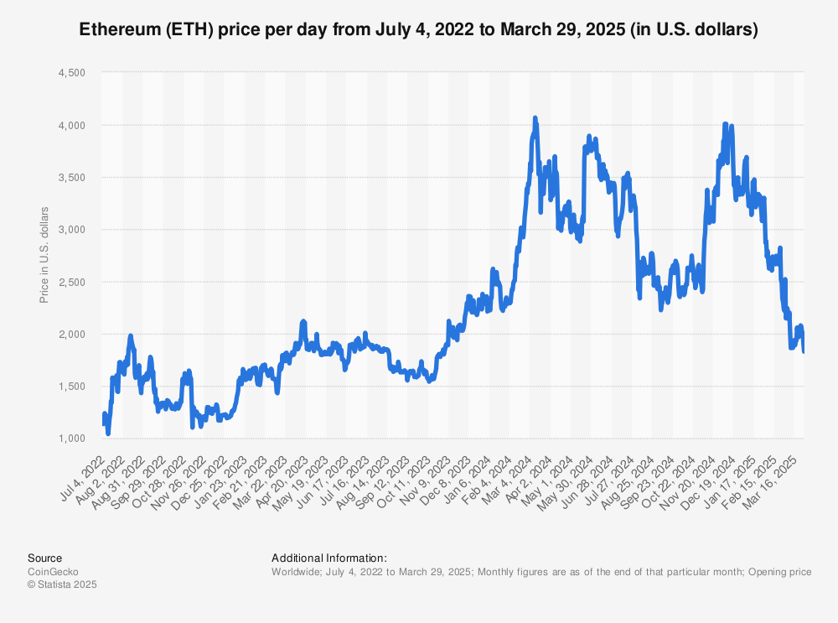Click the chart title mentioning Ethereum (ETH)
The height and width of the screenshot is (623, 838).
point(418,29)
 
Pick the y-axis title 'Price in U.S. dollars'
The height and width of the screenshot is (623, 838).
point(44,255)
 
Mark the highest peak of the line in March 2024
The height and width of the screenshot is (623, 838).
point(535,118)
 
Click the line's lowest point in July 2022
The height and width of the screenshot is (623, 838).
point(108,433)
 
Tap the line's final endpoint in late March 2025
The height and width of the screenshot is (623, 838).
point(804,351)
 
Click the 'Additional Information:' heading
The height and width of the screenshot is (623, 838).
point(328,558)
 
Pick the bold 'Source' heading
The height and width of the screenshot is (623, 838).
point(44,558)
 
